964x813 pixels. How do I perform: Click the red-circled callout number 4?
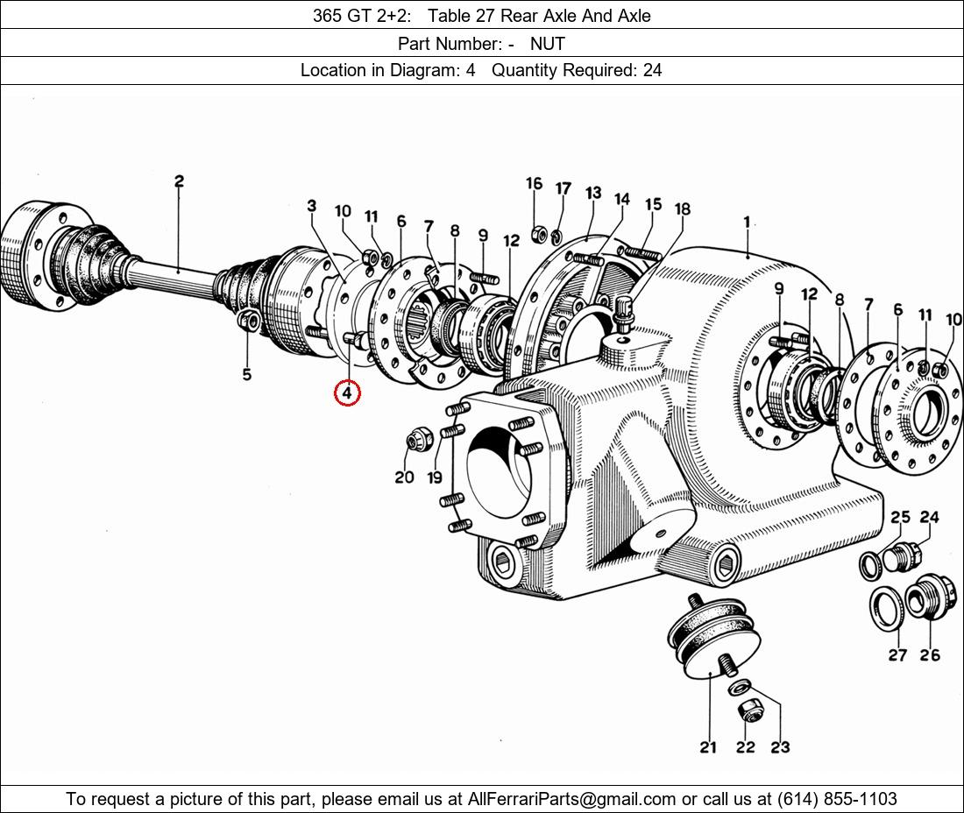(x=347, y=392)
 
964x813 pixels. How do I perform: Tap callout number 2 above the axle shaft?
(x=179, y=182)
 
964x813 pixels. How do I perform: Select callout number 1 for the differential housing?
(x=747, y=223)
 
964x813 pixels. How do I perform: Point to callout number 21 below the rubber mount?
(x=708, y=746)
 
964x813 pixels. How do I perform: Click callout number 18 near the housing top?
(x=683, y=209)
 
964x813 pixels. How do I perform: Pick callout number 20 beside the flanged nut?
(x=404, y=477)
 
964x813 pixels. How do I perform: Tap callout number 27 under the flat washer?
(x=897, y=654)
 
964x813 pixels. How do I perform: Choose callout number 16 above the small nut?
(x=534, y=183)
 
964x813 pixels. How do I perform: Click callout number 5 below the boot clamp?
(x=247, y=374)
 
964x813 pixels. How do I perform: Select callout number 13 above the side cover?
(x=593, y=194)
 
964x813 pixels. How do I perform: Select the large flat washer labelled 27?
(x=886, y=608)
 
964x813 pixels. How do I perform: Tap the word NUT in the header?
(x=547, y=43)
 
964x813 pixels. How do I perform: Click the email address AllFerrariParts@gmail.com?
(x=572, y=799)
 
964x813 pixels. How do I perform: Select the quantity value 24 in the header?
(x=652, y=70)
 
